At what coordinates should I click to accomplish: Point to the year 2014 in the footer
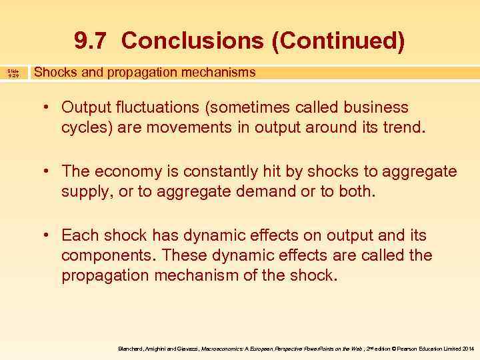click(x=467, y=349)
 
